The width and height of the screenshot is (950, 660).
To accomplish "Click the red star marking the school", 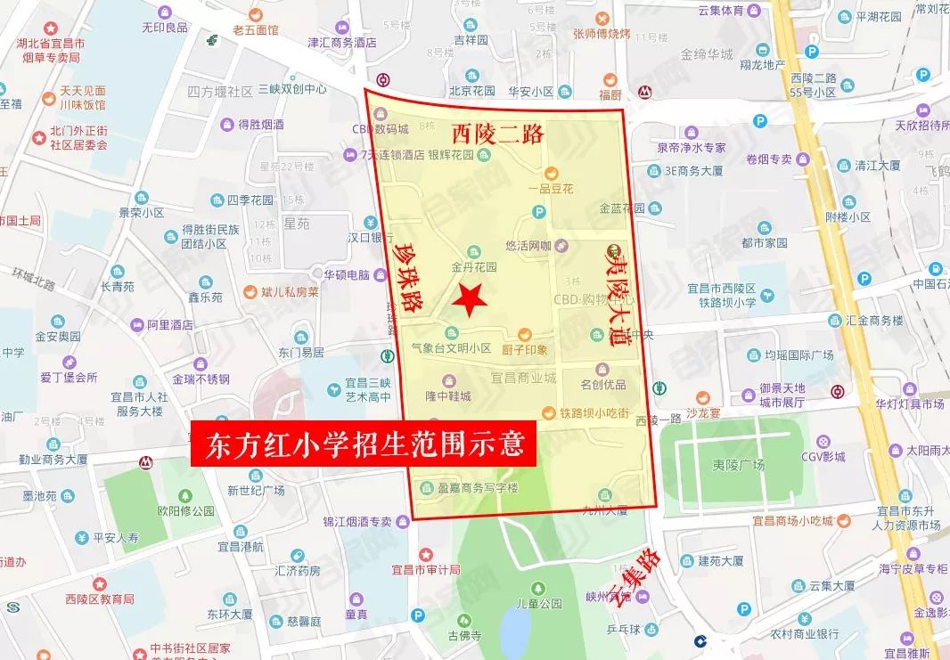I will click(469, 299).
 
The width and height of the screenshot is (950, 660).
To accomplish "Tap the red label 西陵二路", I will click(497, 134).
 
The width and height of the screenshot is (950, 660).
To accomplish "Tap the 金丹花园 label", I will click(473, 266).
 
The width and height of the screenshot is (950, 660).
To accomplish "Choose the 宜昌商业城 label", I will click(523, 378).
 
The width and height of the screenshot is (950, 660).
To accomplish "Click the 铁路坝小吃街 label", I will click(594, 412).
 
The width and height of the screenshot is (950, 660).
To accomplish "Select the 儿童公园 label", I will click(539, 603).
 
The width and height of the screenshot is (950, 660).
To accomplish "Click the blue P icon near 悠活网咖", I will click(537, 211).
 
